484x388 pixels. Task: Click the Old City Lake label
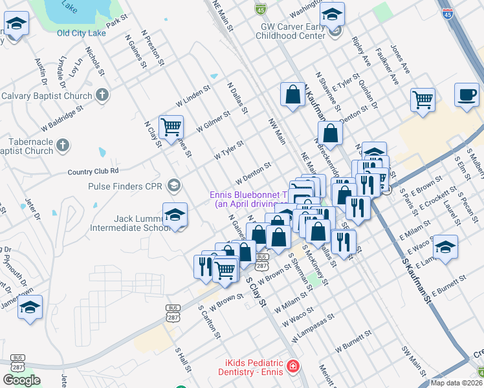[x=82, y=33]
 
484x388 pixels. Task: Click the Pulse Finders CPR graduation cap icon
[x=173, y=186]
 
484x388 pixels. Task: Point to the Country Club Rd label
[x=94, y=171]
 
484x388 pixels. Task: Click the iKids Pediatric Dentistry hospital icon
[x=293, y=367]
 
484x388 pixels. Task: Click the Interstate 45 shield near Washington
[x=259, y=8]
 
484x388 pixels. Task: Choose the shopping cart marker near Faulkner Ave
[x=423, y=101]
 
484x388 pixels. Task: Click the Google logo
[x=21, y=380]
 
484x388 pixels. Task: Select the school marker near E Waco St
[x=445, y=248]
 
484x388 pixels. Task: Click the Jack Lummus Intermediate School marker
[x=175, y=215]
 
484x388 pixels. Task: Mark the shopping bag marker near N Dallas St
[x=293, y=94]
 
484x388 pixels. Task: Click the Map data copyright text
[x=456, y=383]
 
